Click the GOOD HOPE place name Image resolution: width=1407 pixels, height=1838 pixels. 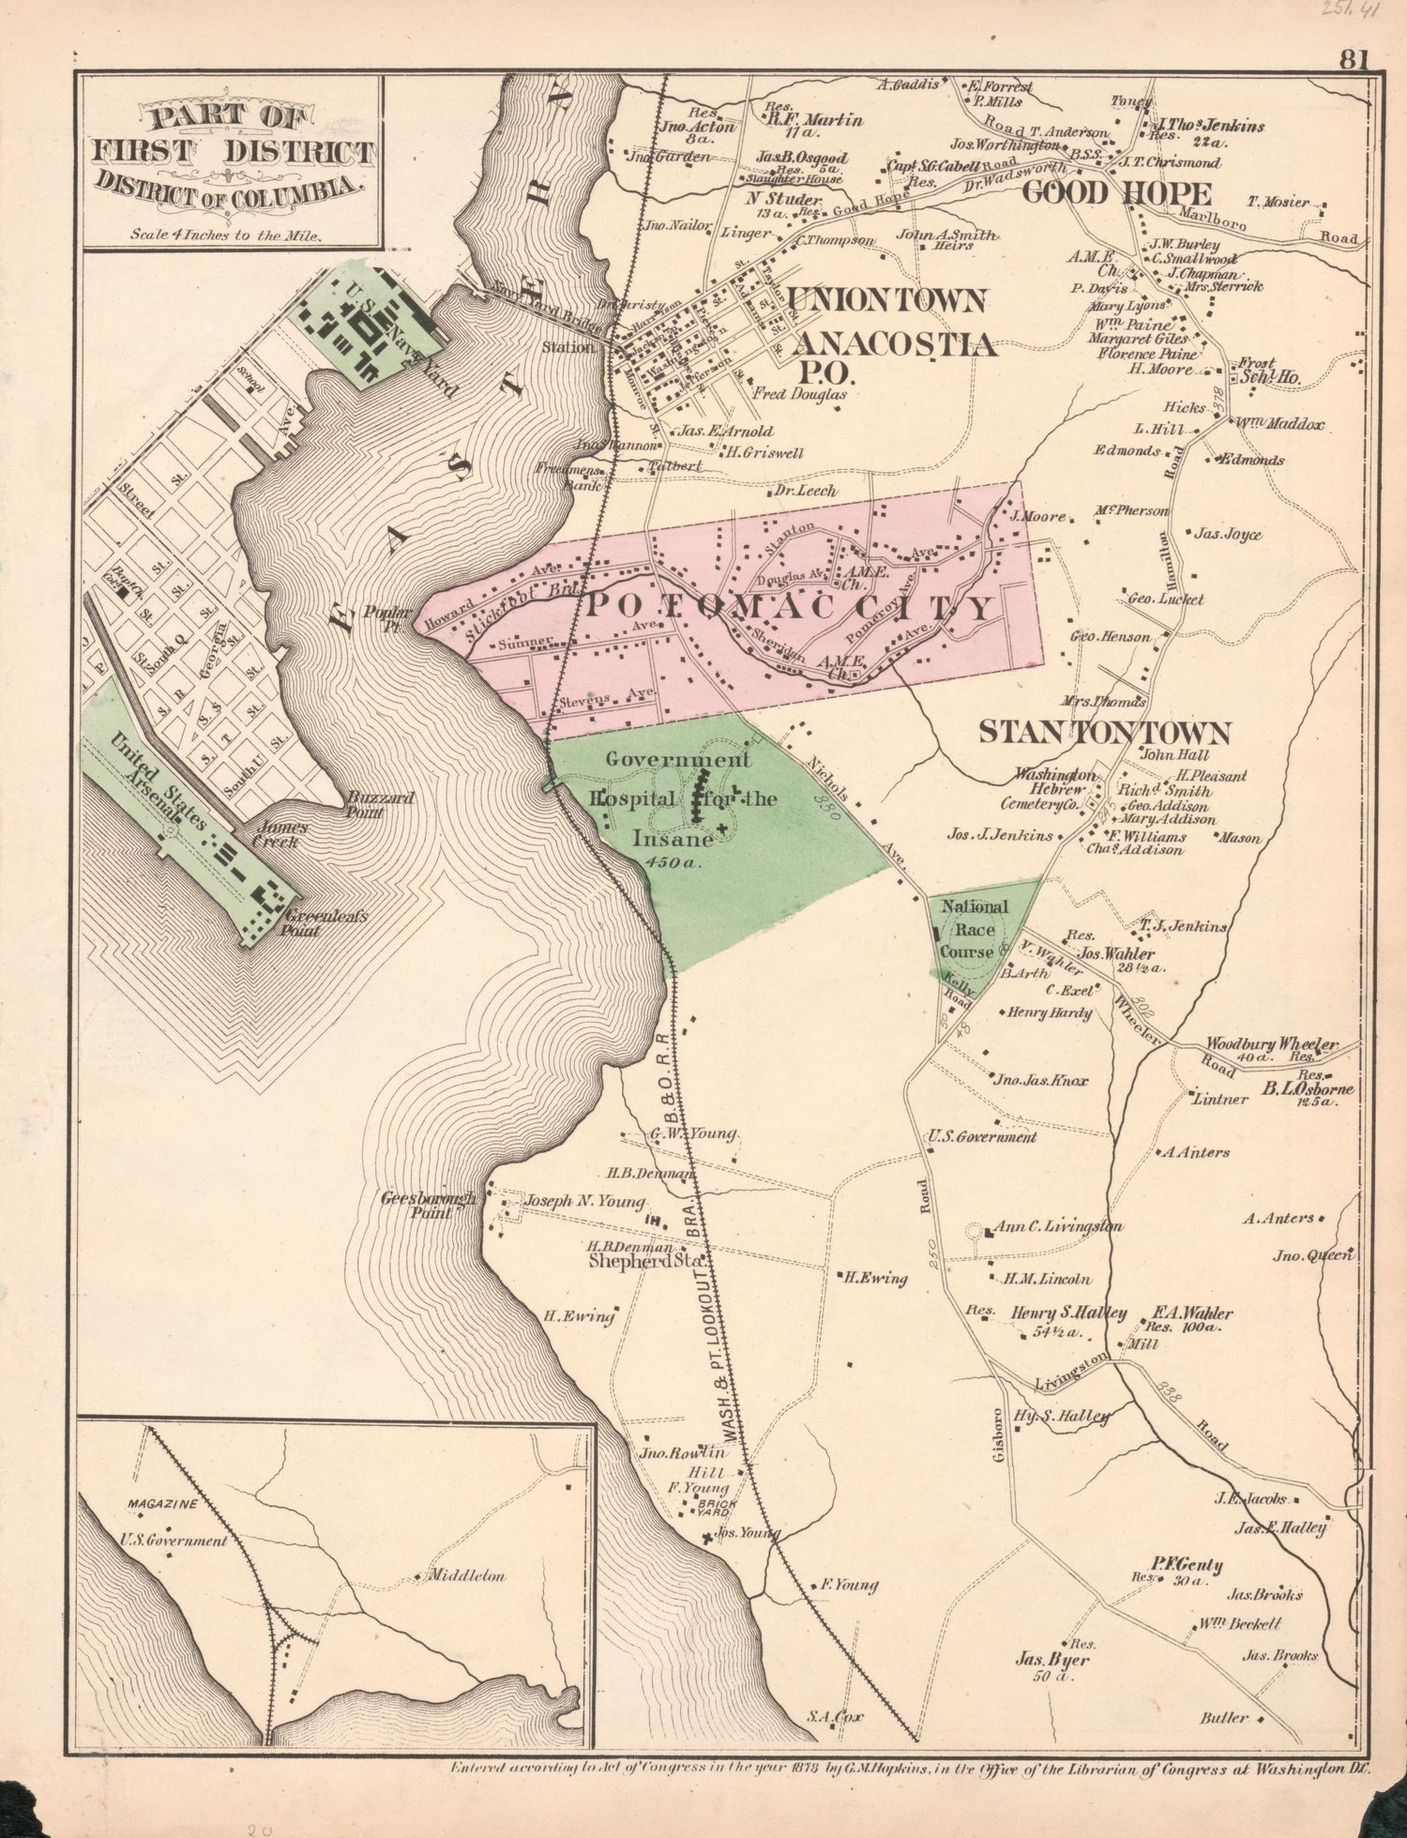[1116, 194]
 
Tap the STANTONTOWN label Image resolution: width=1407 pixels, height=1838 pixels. [1103, 732]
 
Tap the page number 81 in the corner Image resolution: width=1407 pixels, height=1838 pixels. [1354, 60]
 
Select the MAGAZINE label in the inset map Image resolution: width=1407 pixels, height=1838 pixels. [162, 1504]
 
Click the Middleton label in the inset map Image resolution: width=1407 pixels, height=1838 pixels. [467, 1575]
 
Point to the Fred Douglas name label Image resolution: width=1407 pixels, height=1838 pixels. [800, 395]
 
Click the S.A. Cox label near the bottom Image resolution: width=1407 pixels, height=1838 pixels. [834, 1716]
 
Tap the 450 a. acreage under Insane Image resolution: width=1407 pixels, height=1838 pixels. [673, 862]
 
